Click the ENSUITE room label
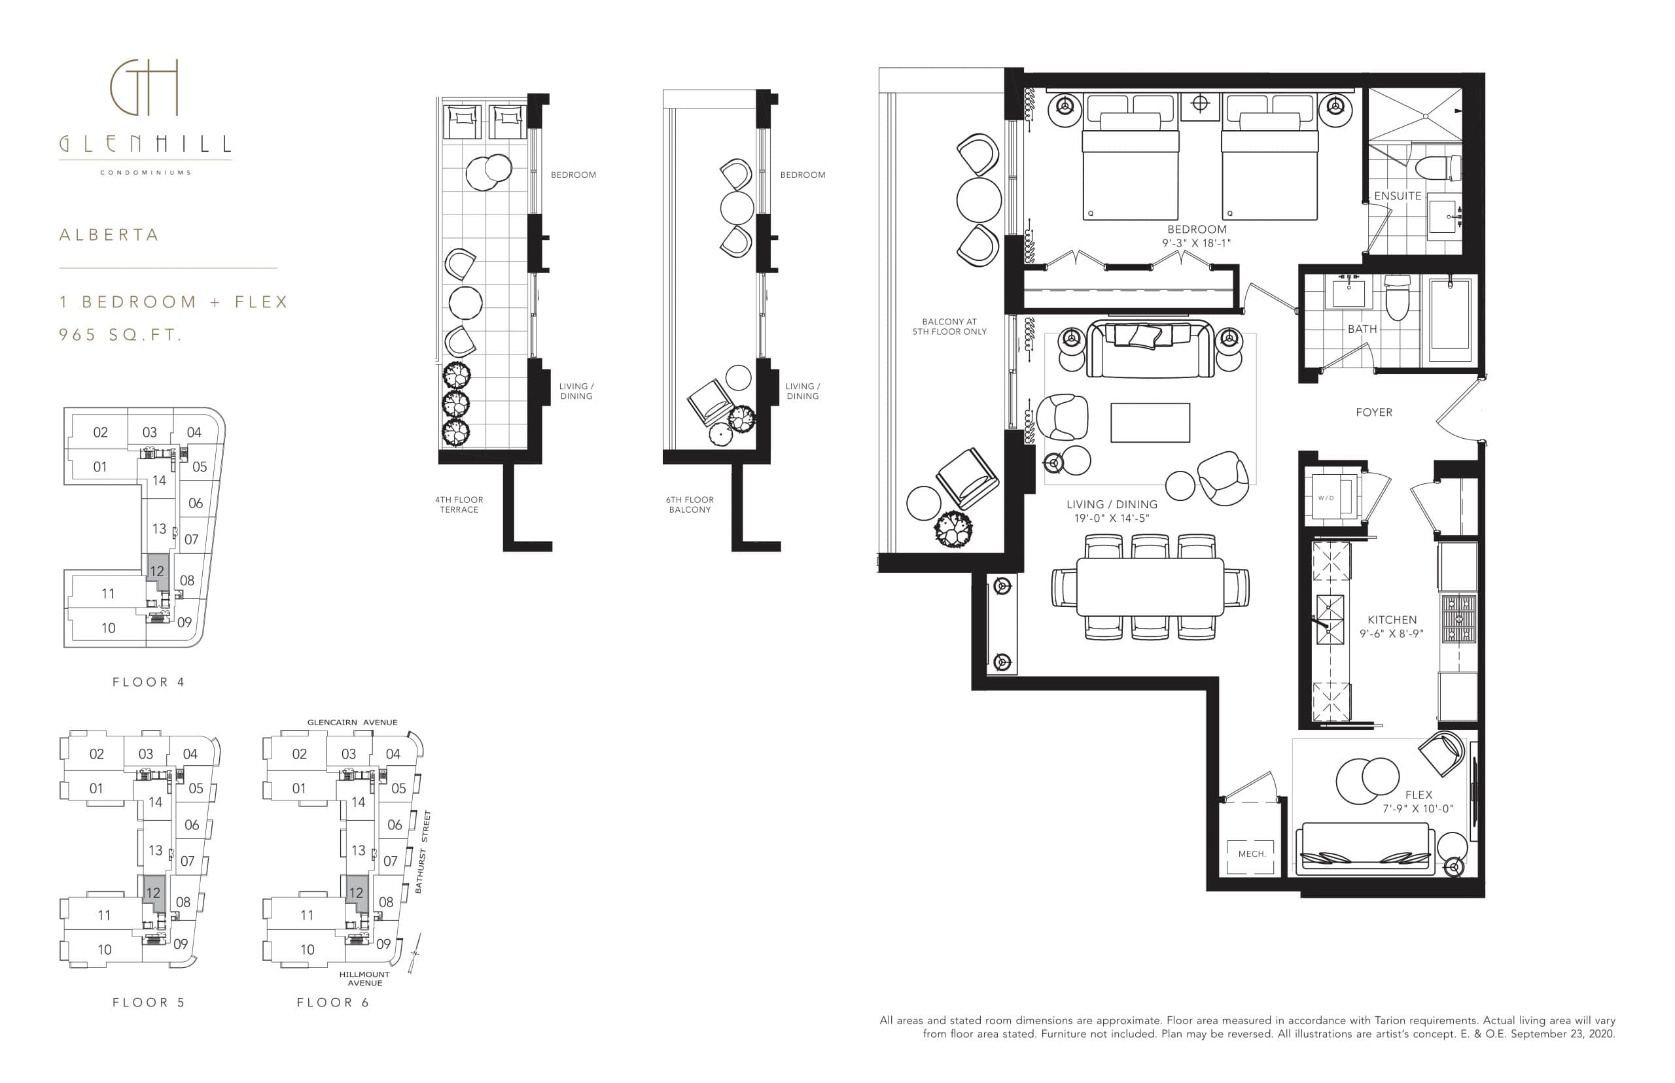pyautogui.click(x=1397, y=196)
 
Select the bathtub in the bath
pyautogui.click(x=1451, y=320)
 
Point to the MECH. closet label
pyautogui.click(x=1252, y=853)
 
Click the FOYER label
pyautogui.click(x=1373, y=413)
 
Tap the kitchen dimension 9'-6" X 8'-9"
pyautogui.click(x=1391, y=634)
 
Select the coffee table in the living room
pyautogui.click(x=1150, y=422)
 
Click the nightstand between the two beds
pyautogui.click(x=1200, y=104)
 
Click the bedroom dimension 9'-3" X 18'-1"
pyautogui.click(x=1196, y=243)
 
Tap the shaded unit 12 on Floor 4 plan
pyautogui.click(x=157, y=571)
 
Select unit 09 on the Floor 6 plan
pyautogui.click(x=383, y=944)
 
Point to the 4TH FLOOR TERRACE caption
pyautogui.click(x=459, y=504)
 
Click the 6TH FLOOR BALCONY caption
pyautogui.click(x=690, y=504)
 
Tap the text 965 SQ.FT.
pyautogui.click(x=120, y=335)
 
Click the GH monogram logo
pyautogui.click(x=144, y=88)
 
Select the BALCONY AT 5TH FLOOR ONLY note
pyautogui.click(x=949, y=326)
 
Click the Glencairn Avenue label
pyautogui.click(x=352, y=722)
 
